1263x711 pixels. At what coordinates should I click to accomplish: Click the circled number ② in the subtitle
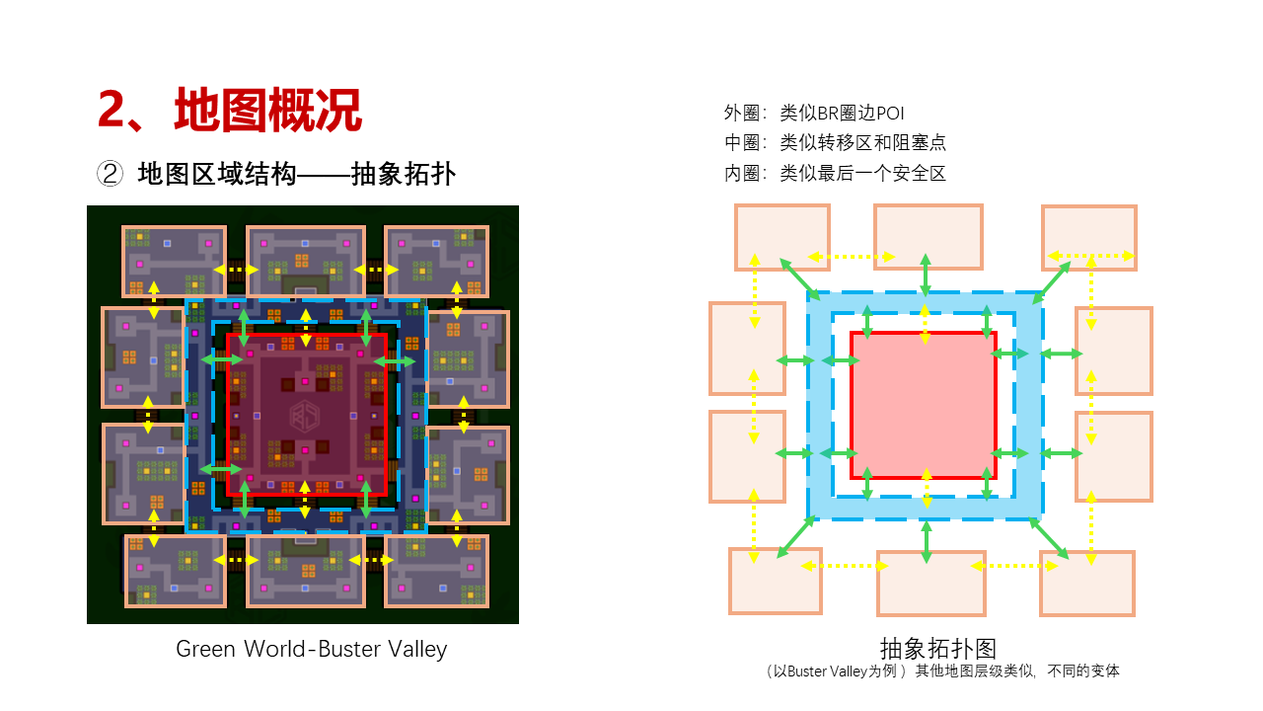(109, 174)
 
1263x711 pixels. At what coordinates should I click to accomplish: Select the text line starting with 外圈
(814, 113)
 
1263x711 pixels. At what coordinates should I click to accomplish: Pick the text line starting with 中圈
(835, 142)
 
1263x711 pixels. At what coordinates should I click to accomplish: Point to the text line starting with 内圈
(835, 173)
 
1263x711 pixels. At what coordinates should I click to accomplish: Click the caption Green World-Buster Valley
(311, 649)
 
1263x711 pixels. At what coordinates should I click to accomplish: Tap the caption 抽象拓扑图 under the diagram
(938, 648)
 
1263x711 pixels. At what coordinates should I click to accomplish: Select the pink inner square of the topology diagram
(924, 405)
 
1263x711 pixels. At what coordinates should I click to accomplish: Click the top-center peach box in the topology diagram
(929, 237)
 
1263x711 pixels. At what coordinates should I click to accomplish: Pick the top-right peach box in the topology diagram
(1089, 237)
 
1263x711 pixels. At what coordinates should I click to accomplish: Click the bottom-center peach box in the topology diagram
(930, 583)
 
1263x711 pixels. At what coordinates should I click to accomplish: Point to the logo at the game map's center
(305, 416)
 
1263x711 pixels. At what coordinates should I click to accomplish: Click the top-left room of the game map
(174, 261)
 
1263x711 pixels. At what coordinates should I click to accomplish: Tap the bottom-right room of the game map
(436, 571)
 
